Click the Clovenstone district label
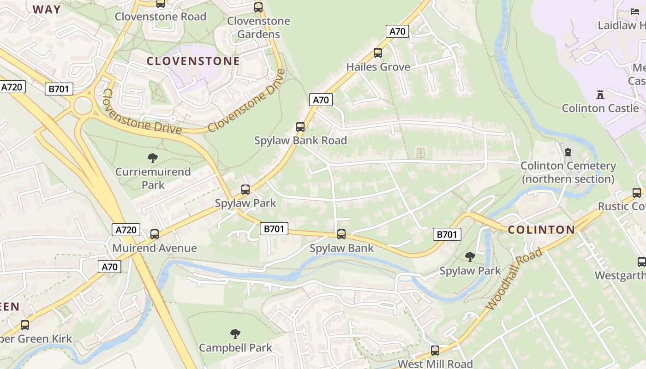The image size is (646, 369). tap(193, 61)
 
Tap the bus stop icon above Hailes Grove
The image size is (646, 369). tap(378, 53)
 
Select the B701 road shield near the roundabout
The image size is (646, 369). tap(59, 89)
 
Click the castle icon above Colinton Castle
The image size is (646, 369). tap(600, 95)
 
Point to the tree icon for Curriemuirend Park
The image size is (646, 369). tap(153, 158)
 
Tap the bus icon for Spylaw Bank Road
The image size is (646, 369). tap(300, 126)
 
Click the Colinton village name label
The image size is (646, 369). tap(541, 230)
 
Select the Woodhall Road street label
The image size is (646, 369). tap(514, 279)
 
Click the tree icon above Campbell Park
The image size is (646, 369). tap(235, 333)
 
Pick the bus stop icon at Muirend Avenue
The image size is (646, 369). tap(155, 234)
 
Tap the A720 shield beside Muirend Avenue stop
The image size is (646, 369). tap(126, 230)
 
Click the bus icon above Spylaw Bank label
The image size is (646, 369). tap(341, 234)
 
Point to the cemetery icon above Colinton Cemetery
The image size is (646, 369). tap(568, 152)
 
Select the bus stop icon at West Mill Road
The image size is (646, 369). tap(435, 351)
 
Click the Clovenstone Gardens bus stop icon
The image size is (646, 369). tap(258, 7)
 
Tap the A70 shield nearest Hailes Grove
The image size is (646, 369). tap(397, 31)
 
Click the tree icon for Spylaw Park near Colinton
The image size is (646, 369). tap(470, 256)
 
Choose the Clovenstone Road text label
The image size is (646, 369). tap(160, 17)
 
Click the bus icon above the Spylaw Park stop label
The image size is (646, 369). tap(245, 189)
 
